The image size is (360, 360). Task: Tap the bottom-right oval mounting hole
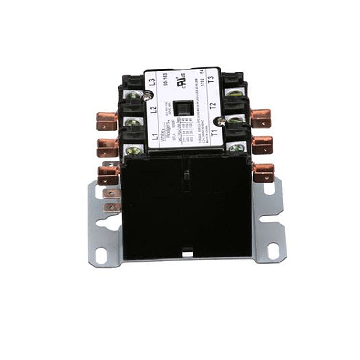tap(273, 248)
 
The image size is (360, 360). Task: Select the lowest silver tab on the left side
tap(111, 207)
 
